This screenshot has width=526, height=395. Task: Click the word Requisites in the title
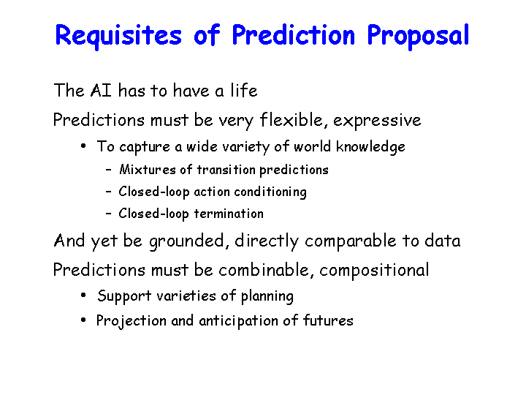click(x=118, y=36)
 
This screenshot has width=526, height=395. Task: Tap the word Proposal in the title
click(x=418, y=35)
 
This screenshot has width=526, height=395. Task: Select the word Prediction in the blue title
click(x=293, y=34)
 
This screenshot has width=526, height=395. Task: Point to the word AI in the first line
click(x=101, y=91)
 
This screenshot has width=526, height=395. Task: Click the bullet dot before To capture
click(x=83, y=146)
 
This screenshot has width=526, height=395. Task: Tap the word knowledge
click(x=370, y=147)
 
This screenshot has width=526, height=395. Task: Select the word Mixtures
click(x=148, y=170)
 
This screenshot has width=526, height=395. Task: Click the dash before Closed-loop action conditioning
click(x=108, y=192)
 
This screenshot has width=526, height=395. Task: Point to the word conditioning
click(x=270, y=192)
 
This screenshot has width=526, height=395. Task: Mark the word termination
click(x=229, y=214)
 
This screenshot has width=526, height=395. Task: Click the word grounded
click(x=189, y=241)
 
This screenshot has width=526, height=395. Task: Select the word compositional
click(x=374, y=271)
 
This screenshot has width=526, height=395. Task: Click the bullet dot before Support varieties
click(x=83, y=296)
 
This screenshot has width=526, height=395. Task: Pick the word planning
click(x=267, y=296)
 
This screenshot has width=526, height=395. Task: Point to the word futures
click(x=328, y=320)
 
